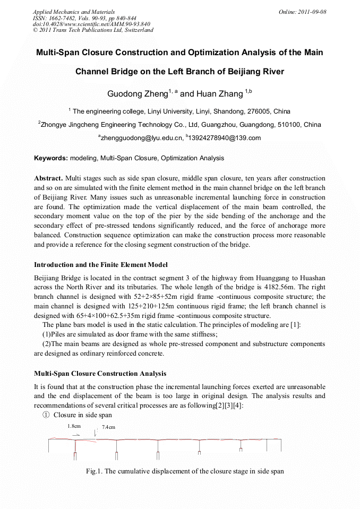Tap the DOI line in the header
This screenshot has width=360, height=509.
[91, 24]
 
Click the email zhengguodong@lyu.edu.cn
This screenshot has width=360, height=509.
[141, 138]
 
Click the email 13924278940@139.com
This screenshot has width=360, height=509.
[225, 138]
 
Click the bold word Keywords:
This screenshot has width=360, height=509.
[51, 158]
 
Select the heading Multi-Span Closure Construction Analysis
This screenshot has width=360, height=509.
[100, 373]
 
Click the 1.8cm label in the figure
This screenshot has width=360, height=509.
[74, 426]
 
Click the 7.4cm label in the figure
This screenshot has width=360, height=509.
[108, 427]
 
